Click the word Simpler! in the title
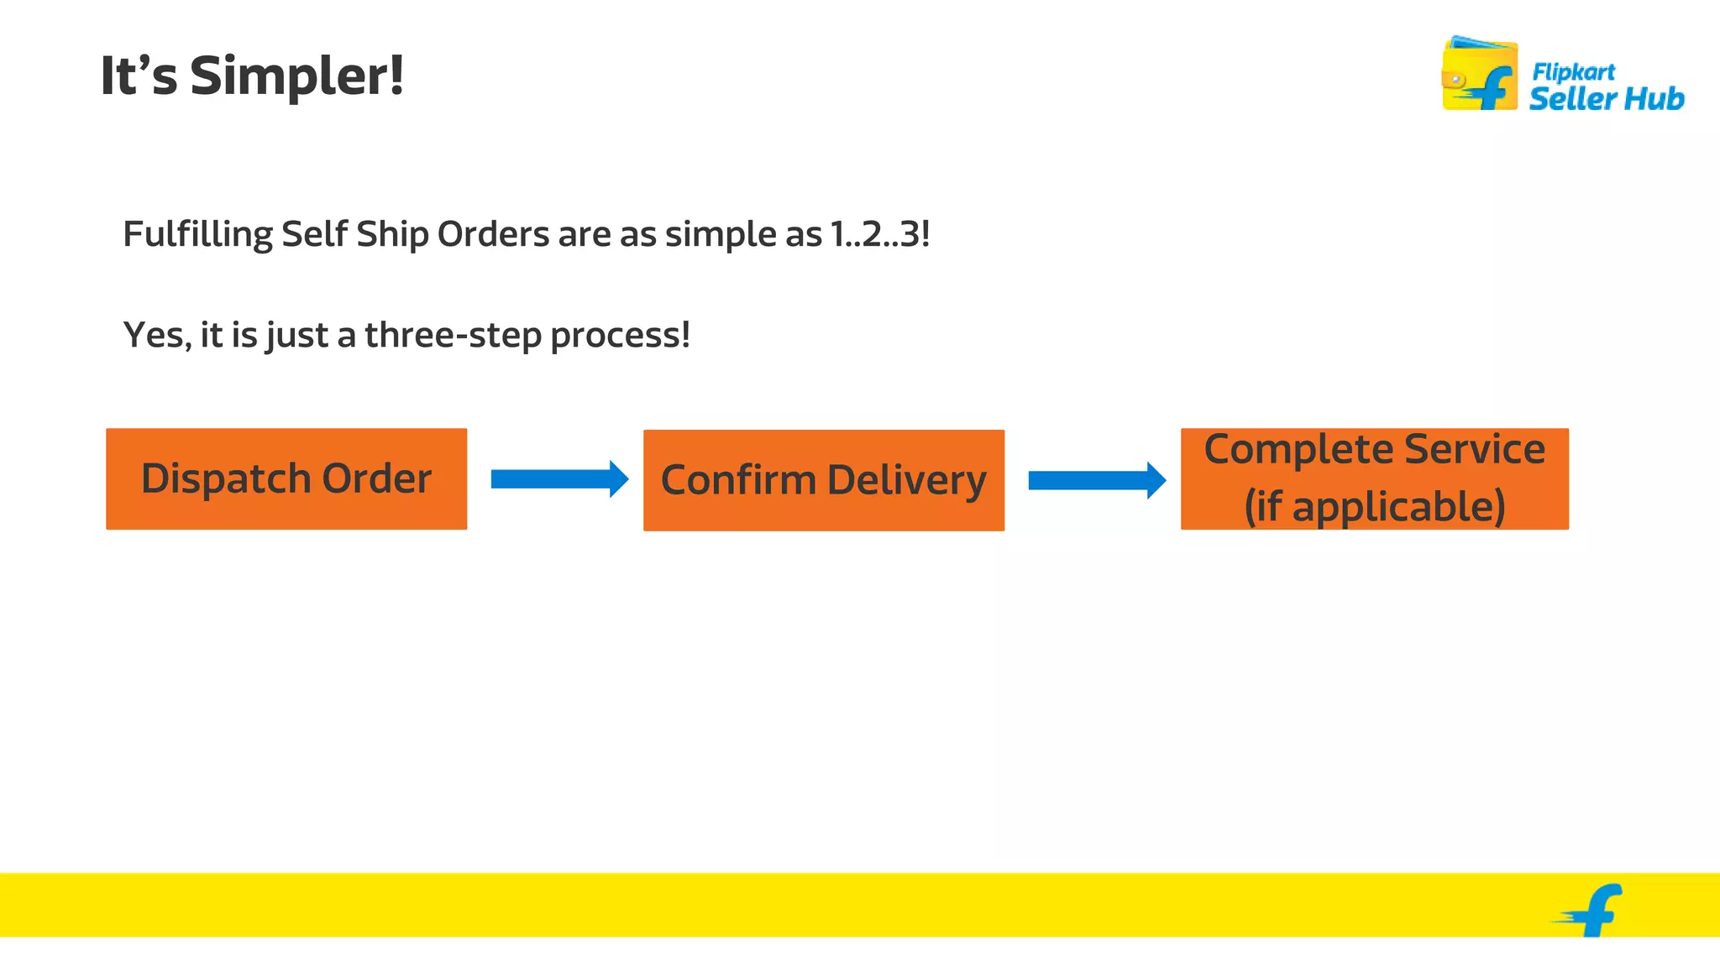(x=296, y=76)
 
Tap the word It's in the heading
(x=139, y=76)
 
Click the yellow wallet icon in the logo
(x=1479, y=75)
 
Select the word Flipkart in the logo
(x=1573, y=72)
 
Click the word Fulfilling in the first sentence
(x=197, y=234)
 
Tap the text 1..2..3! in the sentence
(x=879, y=234)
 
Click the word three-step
(x=454, y=335)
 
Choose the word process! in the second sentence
(x=620, y=335)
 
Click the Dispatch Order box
(x=286, y=479)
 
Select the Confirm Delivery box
(x=824, y=481)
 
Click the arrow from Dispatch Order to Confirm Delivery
(x=559, y=479)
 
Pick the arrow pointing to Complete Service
(x=1097, y=480)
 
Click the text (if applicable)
(x=1374, y=506)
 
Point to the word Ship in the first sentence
(x=392, y=234)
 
